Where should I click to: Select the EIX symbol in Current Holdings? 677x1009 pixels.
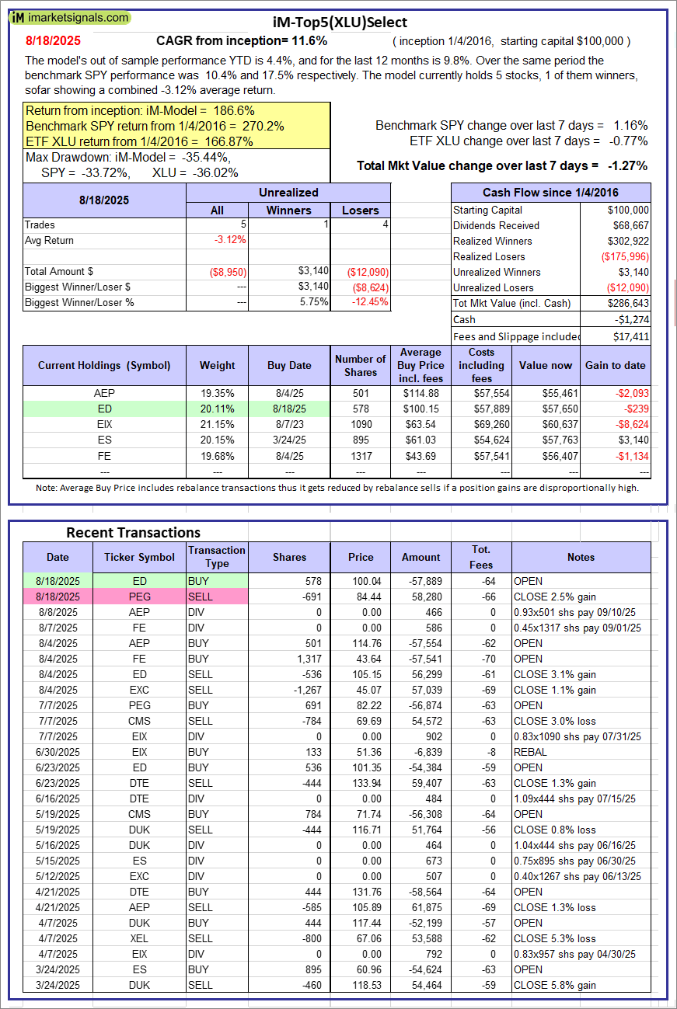pos(103,424)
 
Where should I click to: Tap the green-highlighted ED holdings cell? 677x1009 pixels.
pos(103,409)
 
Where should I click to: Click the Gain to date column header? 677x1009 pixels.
pos(615,365)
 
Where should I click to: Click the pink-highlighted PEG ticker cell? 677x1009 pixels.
pos(139,597)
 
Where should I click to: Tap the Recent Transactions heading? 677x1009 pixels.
pos(133,533)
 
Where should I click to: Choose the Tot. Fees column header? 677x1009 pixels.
pos(481,557)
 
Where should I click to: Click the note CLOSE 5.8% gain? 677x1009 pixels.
pos(555,985)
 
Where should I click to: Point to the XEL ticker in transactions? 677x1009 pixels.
pos(139,938)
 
